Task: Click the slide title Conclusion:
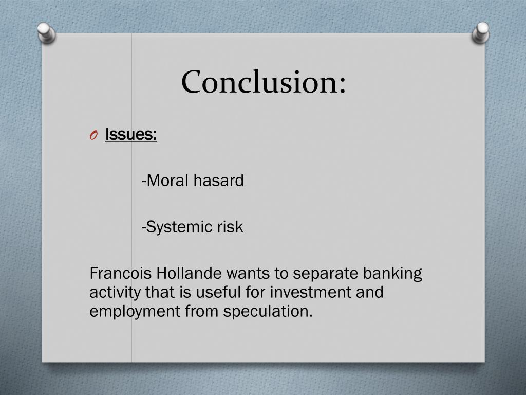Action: tap(264, 82)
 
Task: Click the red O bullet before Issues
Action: tap(93, 135)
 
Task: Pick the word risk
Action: tap(230, 227)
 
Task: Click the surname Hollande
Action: tap(191, 273)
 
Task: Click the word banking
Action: tap(392, 273)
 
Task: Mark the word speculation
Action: tap(268, 312)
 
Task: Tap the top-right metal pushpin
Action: tap(481, 33)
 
